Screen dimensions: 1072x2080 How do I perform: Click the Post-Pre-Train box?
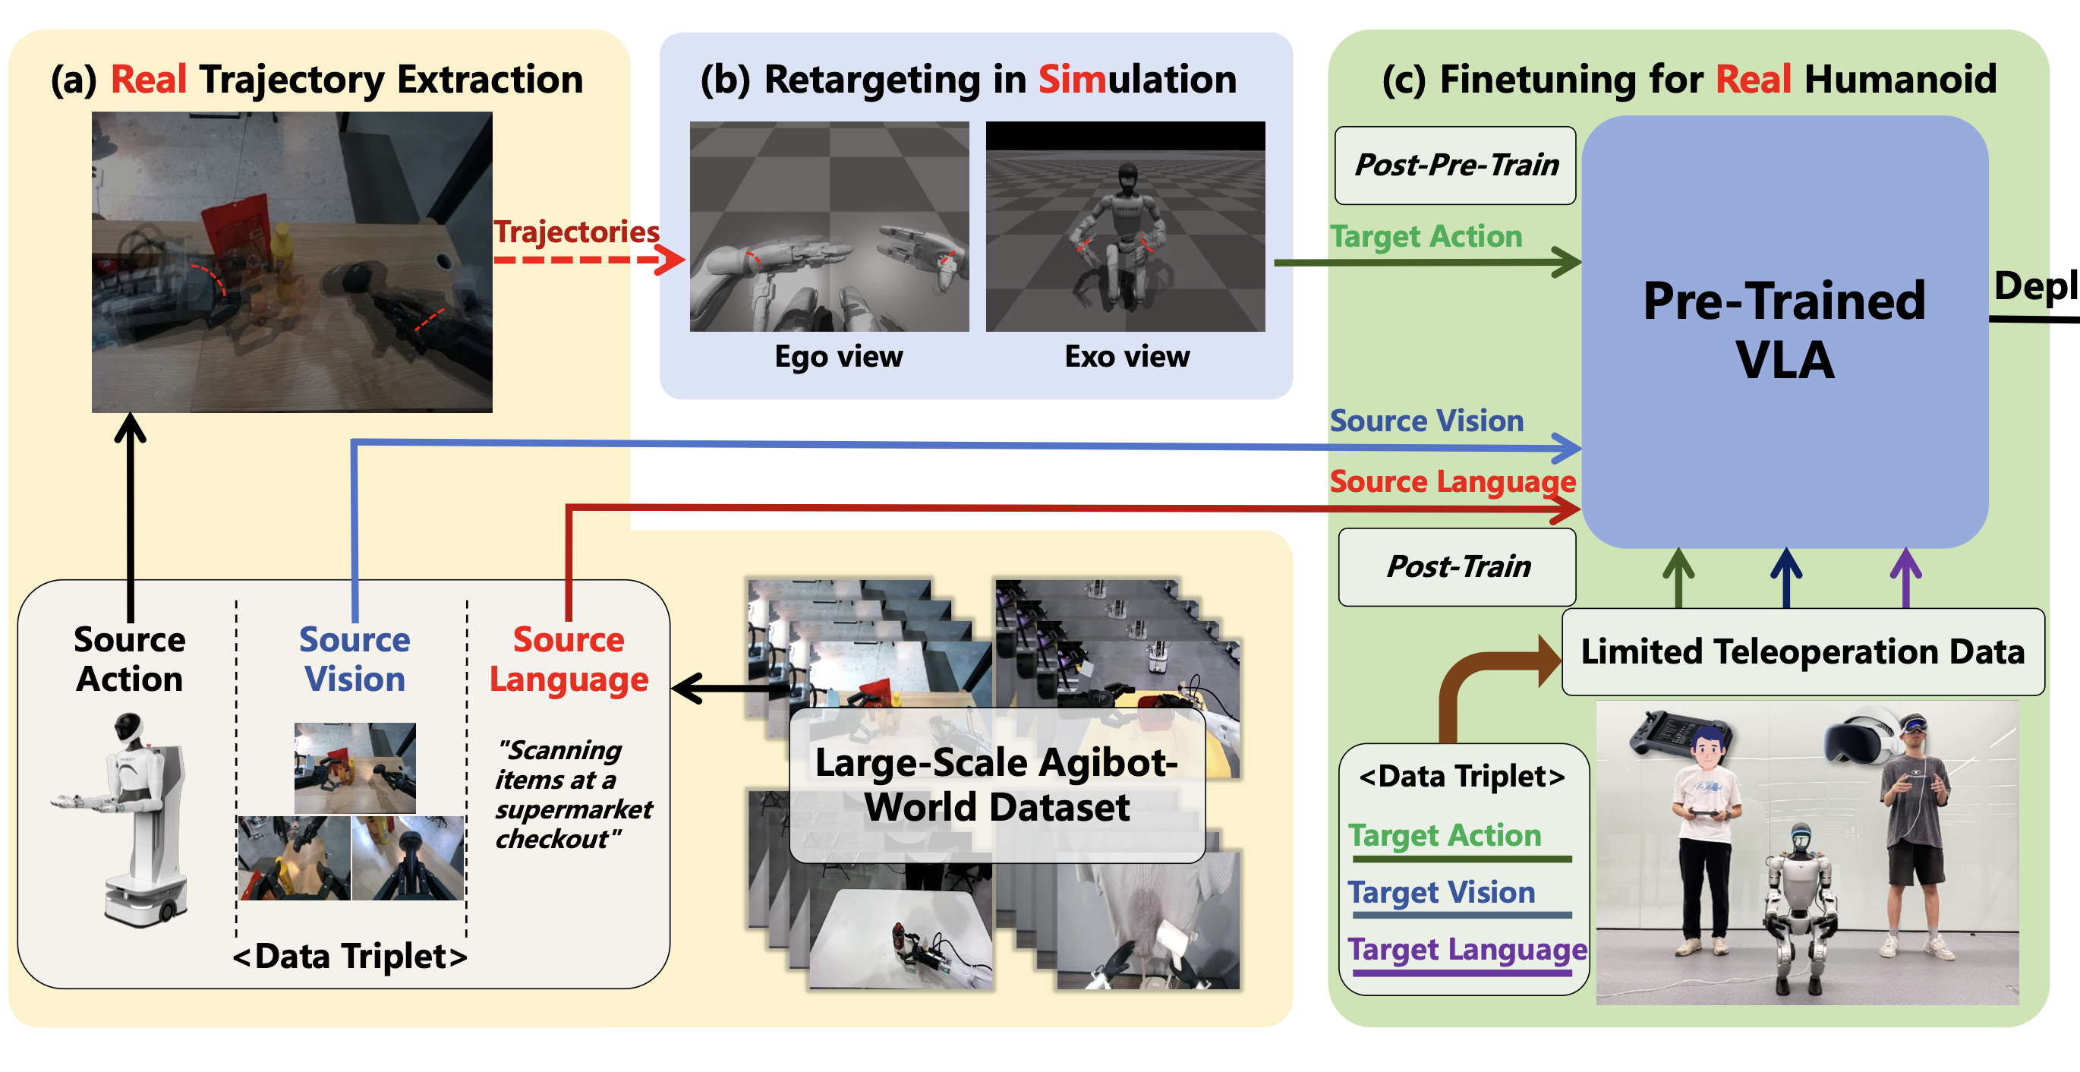click(1455, 166)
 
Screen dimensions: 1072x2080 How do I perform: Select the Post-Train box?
click(1458, 566)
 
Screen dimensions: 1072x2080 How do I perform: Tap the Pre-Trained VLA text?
click(1785, 329)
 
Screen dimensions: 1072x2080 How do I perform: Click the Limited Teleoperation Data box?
click(1802, 651)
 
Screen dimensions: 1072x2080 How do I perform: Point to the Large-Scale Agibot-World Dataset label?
click(997, 784)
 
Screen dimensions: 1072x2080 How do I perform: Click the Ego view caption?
click(838, 356)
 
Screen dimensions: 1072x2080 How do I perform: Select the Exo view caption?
click(1127, 356)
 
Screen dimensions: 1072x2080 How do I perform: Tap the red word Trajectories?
click(575, 232)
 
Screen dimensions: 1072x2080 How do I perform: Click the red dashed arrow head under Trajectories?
click(670, 260)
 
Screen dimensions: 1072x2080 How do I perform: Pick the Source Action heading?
click(129, 659)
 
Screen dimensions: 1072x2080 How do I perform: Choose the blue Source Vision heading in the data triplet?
click(355, 659)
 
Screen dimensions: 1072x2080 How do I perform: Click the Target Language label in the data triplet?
click(1467, 949)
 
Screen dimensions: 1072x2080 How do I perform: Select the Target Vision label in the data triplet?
click(1442, 892)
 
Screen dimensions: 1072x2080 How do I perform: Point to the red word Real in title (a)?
click(149, 79)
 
